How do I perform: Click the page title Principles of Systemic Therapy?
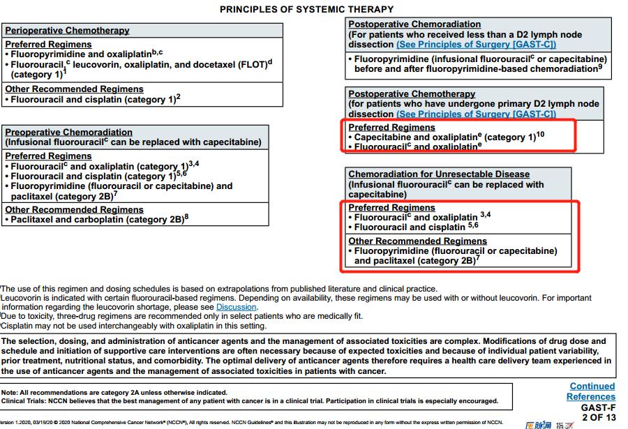(306, 9)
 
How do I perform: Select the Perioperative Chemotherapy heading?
(67, 31)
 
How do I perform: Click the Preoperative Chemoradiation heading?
(68, 132)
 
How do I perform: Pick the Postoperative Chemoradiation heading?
(414, 24)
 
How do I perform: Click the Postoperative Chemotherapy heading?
(412, 94)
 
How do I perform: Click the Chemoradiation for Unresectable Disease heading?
(439, 174)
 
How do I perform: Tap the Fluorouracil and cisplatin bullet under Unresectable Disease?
(416, 227)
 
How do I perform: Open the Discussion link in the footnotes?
(236, 307)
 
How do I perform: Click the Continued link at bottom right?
(592, 386)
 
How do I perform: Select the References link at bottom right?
(590, 397)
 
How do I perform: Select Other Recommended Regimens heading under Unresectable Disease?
(417, 241)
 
